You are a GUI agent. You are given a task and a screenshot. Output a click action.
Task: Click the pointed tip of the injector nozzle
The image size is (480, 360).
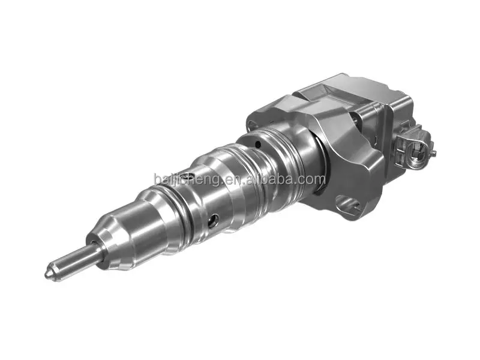(x=48, y=274)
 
